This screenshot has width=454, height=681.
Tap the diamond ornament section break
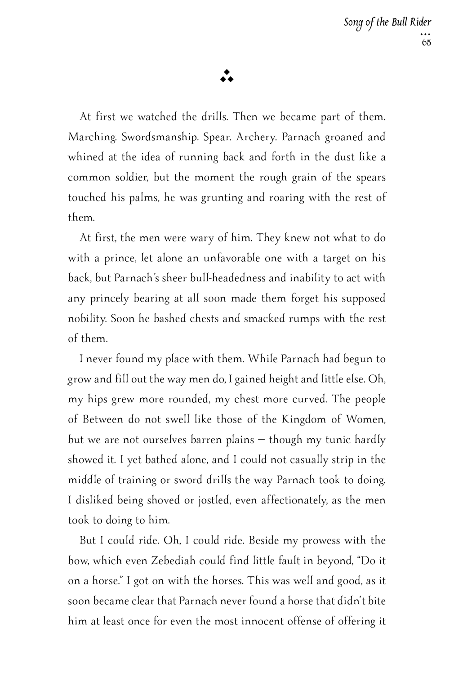click(227, 77)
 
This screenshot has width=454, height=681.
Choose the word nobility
click(87, 319)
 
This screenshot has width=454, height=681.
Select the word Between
click(102, 419)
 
